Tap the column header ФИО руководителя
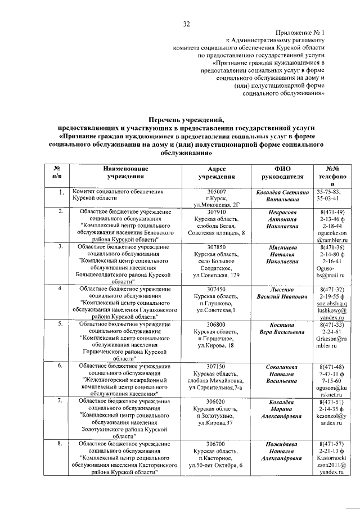(x=281, y=172)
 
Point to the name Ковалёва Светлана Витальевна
(x=281, y=195)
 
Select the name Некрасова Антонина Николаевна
(x=281, y=219)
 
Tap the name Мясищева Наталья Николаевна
(x=281, y=254)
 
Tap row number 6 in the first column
(x=60, y=366)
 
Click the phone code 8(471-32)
(x=326, y=289)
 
